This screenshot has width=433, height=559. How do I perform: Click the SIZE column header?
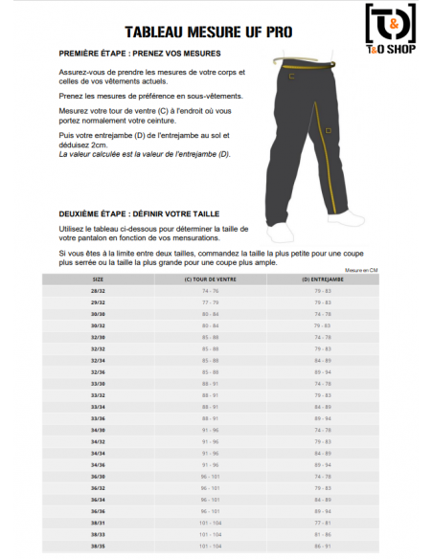tap(98, 279)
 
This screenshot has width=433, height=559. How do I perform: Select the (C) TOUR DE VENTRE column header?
tap(210, 279)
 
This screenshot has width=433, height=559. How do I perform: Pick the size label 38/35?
tap(98, 547)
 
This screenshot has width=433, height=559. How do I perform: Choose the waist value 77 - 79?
tap(210, 302)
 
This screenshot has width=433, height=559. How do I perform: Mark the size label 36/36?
tap(98, 511)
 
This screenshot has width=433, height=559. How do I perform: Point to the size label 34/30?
tap(98, 430)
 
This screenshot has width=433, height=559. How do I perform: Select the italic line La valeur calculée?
tap(145, 153)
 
